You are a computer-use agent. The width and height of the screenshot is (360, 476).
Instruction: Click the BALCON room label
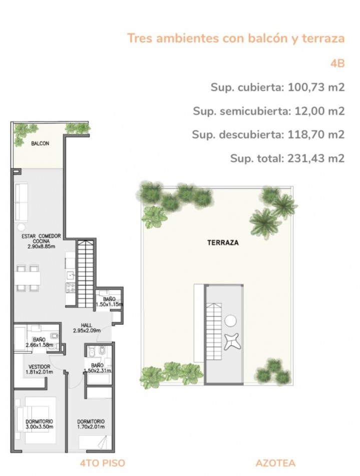tap(40, 143)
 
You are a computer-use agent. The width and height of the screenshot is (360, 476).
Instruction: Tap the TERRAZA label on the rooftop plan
tap(223, 243)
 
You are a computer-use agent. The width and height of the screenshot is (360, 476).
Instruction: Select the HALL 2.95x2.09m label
tap(87, 328)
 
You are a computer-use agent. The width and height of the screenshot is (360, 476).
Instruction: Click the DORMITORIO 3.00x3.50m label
tap(39, 424)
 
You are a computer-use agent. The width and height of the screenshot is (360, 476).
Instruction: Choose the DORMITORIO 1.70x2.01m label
tap(91, 424)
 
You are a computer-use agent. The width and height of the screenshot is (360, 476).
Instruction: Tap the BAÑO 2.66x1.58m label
tap(40, 342)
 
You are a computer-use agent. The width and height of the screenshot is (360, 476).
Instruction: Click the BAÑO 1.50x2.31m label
tap(97, 368)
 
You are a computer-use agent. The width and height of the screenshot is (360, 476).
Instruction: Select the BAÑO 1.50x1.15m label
tap(109, 302)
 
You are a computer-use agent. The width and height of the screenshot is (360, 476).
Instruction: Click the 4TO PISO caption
tap(103, 463)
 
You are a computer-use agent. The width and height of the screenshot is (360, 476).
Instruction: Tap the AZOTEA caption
tap(275, 463)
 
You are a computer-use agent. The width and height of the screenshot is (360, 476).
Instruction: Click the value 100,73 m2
tap(316, 87)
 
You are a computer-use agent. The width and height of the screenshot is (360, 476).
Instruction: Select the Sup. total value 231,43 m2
tap(316, 158)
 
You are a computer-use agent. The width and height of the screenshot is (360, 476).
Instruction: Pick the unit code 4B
tap(337, 64)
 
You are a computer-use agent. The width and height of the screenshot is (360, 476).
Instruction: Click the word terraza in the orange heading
tap(323, 38)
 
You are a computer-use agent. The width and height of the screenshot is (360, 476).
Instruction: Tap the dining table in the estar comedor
tap(28, 278)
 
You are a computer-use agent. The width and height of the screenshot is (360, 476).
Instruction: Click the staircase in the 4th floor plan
tap(85, 273)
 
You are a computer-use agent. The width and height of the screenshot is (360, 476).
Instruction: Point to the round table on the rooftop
tap(230, 321)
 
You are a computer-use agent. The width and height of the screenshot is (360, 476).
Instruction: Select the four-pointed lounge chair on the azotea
tap(233, 342)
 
